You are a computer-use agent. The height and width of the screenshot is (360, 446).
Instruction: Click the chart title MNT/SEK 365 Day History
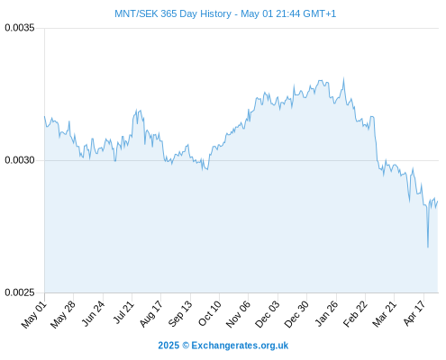[173, 13]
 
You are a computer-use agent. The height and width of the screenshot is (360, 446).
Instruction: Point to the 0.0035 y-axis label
[20, 28]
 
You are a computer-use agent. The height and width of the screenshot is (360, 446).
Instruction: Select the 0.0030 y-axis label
[20, 160]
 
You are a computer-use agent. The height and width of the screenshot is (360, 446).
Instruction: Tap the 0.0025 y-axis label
[20, 292]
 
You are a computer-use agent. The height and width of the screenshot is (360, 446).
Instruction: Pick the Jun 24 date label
[94, 314]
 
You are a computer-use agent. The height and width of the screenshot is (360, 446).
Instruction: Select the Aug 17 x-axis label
[151, 314]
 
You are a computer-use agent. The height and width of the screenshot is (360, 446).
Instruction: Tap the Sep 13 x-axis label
[180, 314]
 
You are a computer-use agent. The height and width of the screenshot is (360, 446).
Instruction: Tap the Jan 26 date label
[327, 314]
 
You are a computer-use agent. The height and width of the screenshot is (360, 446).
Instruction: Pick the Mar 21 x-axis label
[385, 314]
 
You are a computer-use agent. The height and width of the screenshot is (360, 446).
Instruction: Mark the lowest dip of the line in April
[428, 247]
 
